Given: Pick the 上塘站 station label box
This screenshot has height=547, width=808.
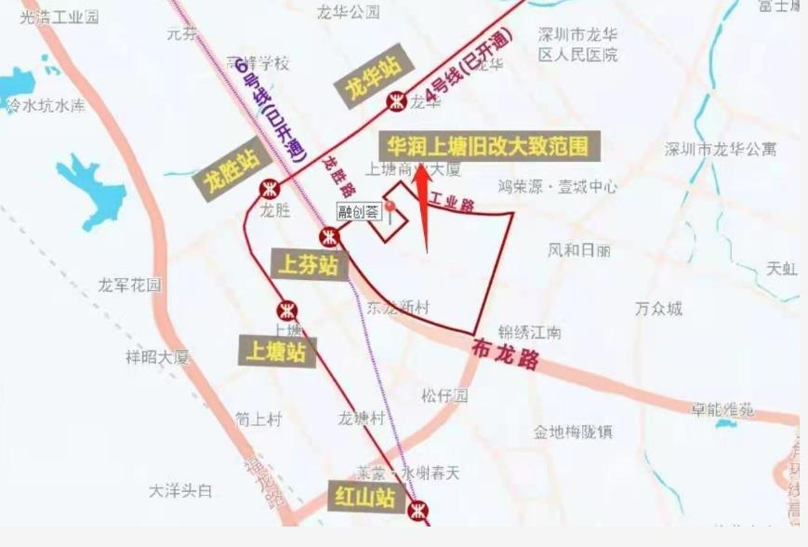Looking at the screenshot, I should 277,352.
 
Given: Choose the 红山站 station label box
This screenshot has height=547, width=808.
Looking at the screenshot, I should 365,498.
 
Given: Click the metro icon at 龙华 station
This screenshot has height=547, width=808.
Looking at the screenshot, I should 397,100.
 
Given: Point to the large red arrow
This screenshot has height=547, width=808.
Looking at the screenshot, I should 423,205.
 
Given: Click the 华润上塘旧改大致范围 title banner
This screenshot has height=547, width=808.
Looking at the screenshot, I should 488,147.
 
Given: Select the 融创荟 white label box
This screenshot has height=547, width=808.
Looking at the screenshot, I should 359,211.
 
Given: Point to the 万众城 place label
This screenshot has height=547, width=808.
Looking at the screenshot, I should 658,308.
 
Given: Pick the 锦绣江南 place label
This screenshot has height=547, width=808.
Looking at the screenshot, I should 530,332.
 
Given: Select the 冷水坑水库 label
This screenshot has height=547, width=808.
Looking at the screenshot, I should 46,106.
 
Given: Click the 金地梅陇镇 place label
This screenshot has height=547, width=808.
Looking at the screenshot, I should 573,432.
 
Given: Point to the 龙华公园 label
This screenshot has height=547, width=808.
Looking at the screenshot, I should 349,12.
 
